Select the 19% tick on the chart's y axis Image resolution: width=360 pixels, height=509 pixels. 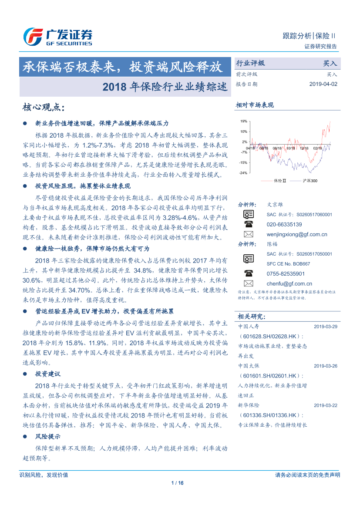(244, 121)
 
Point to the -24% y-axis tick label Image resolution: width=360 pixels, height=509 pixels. (243, 173)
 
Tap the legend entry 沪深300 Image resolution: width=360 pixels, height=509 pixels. (310, 180)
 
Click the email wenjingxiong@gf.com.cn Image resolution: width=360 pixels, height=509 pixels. (296, 234)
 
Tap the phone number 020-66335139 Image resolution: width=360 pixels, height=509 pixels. (284, 224)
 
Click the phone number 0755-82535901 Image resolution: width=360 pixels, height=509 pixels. (286, 273)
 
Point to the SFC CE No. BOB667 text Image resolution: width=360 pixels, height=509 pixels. (288, 264)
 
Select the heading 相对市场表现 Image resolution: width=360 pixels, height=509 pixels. (255, 105)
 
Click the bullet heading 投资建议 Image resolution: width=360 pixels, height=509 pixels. (48, 374)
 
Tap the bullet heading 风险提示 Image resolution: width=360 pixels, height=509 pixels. (48, 436)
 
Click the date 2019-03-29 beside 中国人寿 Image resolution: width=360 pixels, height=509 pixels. (325, 326)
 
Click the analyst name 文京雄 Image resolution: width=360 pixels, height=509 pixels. (275, 204)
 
